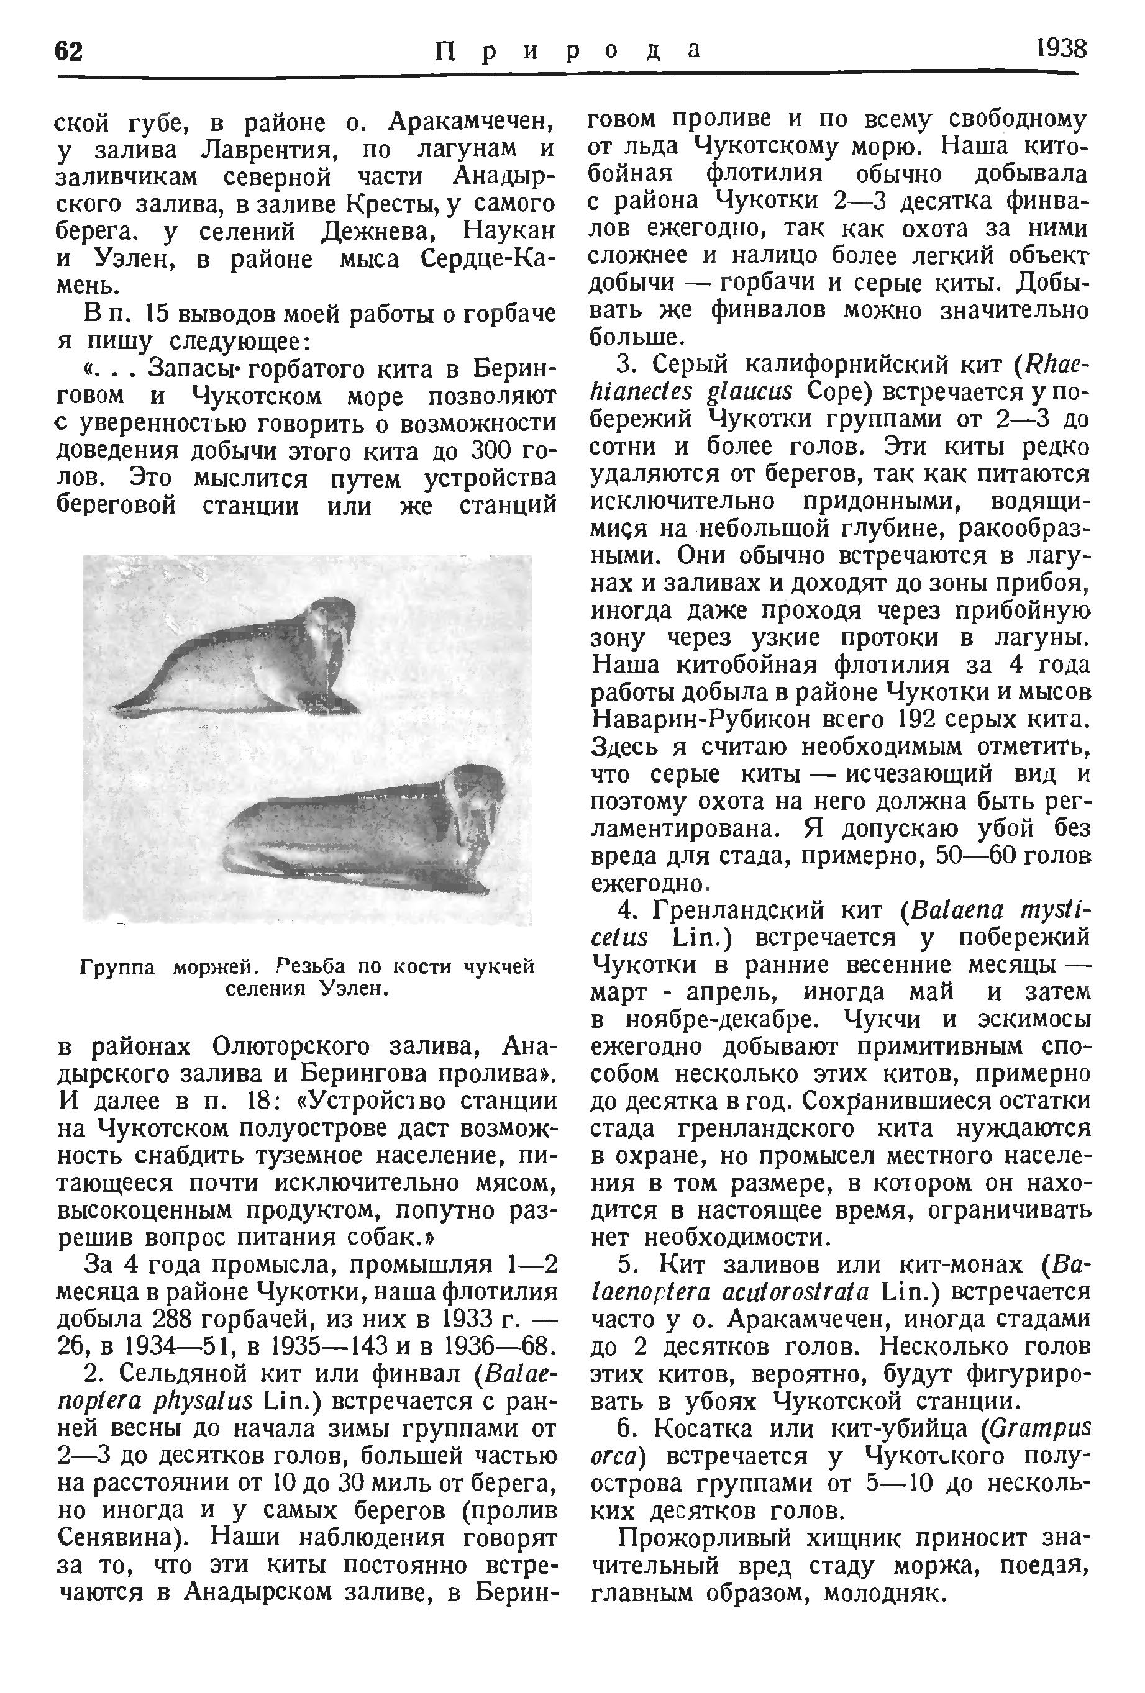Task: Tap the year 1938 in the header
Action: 1061,50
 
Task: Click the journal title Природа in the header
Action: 568,50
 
